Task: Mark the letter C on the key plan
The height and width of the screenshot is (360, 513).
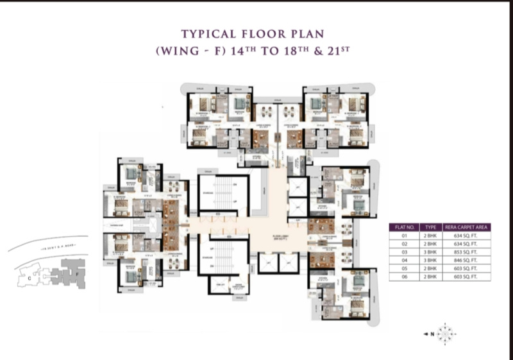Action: tap(29, 278)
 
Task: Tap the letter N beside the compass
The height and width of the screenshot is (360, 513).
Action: tap(433, 334)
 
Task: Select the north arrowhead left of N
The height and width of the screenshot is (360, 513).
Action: tap(426, 334)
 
